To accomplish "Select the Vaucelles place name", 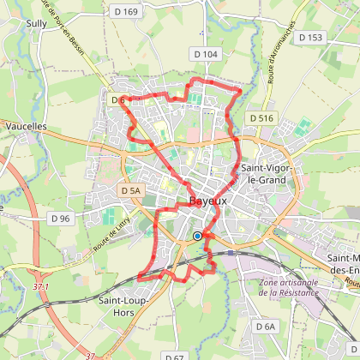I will pyautogui.click(x=26, y=125).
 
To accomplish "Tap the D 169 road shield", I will pyautogui.click(x=126, y=11).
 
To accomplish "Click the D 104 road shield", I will pyautogui.click(x=207, y=54).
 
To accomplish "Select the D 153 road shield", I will pyautogui.click(x=315, y=37).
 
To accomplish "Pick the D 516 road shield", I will pyautogui.click(x=259, y=117).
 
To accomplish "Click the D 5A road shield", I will pyautogui.click(x=130, y=190).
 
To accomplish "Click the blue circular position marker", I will pyautogui.click(x=197, y=236).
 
